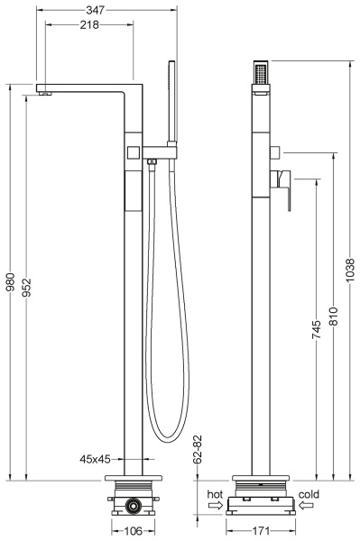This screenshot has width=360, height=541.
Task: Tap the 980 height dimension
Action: [10, 283]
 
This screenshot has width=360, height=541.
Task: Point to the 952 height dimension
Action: [27, 283]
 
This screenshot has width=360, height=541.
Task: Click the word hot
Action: [213, 494]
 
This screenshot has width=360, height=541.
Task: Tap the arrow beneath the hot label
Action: [214, 507]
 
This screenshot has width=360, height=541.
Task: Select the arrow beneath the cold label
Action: [308, 507]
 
